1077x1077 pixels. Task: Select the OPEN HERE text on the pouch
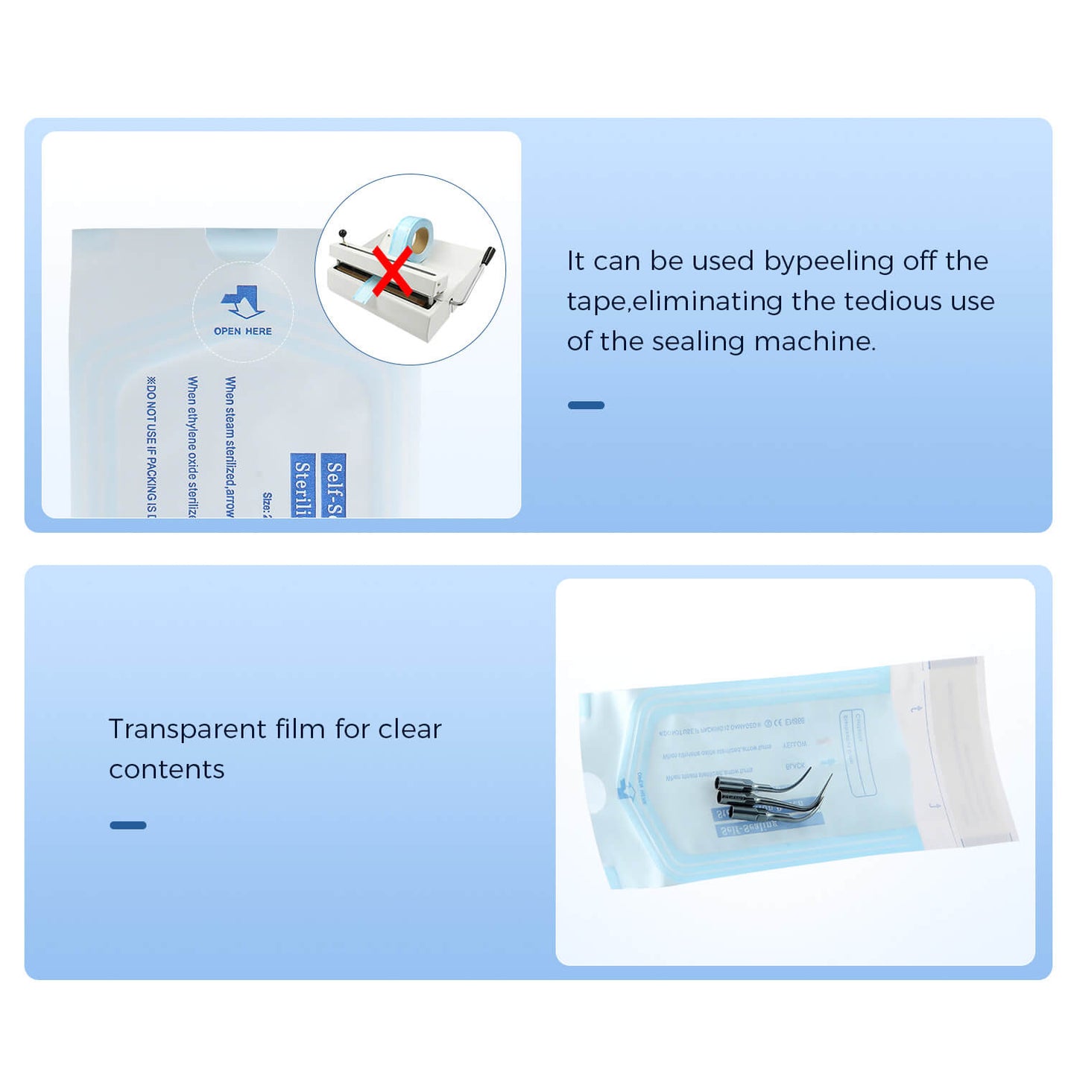pyautogui.click(x=243, y=331)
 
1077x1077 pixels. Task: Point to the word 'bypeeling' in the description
pyautogui.click(x=829, y=262)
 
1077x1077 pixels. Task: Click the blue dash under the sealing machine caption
pyautogui.click(x=586, y=405)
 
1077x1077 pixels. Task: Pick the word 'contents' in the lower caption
pyautogui.click(x=166, y=769)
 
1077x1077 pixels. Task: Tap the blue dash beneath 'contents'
pyautogui.click(x=127, y=825)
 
